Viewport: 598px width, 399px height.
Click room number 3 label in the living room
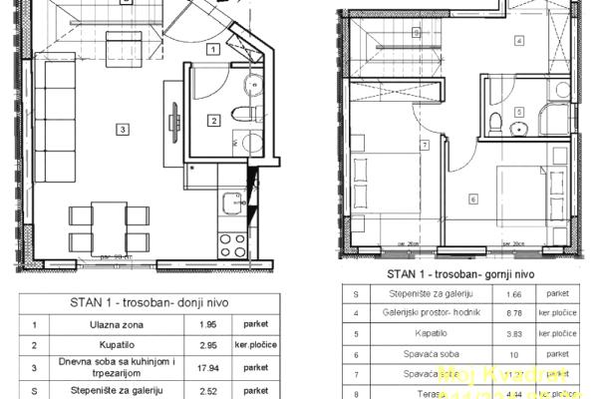coord(121,129)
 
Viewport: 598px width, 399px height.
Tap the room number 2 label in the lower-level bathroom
coord(213,121)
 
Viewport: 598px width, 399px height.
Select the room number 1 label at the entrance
coord(212,48)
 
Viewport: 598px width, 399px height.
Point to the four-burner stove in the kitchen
coord(231,245)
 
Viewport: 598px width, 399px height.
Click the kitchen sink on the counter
coord(231,199)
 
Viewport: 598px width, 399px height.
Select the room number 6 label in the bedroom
coord(472,199)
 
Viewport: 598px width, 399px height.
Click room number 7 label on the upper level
coord(425,146)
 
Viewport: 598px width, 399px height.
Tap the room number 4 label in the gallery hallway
coord(519,41)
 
